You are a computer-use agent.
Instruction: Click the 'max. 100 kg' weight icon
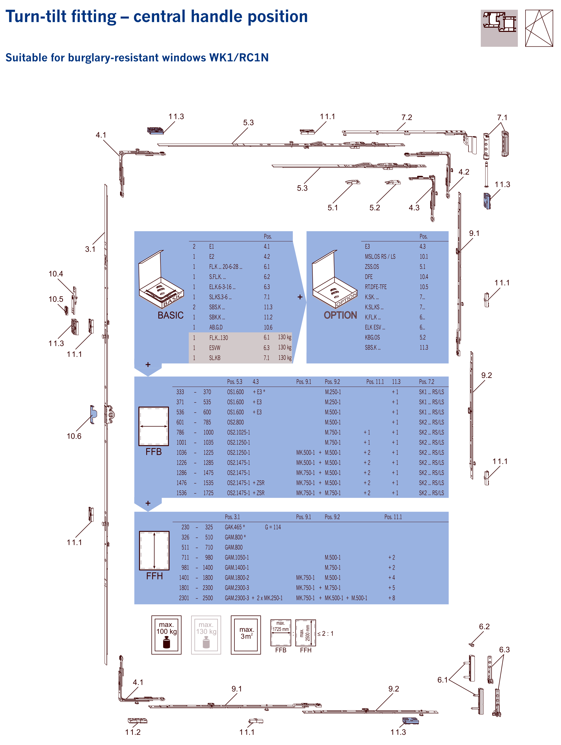click(166, 635)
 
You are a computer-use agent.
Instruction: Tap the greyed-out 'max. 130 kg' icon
click(206, 635)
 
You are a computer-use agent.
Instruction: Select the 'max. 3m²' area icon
click(246, 635)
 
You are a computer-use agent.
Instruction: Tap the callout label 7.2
click(407, 117)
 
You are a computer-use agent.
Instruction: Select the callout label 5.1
click(333, 208)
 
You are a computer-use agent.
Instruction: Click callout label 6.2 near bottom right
click(484, 626)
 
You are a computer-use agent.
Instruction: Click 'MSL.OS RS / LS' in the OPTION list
click(380, 257)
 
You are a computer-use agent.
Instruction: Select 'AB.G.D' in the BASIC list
click(216, 327)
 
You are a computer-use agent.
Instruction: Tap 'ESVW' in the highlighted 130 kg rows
click(215, 348)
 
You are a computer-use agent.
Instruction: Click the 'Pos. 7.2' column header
click(426, 381)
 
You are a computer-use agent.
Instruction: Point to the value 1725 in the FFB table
click(208, 493)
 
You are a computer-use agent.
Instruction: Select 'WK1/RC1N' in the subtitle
click(239, 58)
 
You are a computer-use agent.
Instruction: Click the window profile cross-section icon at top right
click(499, 28)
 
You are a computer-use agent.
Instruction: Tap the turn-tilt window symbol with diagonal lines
click(539, 28)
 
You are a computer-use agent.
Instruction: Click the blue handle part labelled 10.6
click(93, 414)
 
